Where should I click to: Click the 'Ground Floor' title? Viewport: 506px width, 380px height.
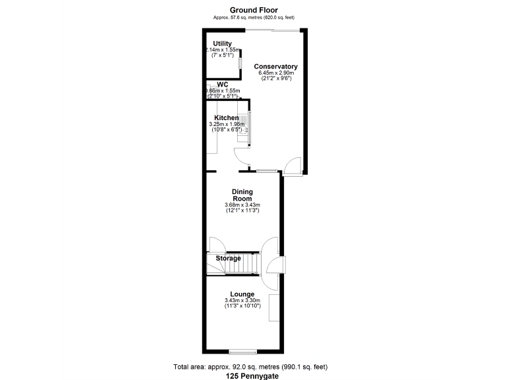pos(254,10)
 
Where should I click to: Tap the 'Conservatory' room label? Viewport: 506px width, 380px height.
pos(276,67)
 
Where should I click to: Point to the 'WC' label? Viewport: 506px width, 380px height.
pos(222,84)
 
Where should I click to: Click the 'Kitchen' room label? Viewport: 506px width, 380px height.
pos(226,118)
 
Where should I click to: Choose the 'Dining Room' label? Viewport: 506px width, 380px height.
pos(242,195)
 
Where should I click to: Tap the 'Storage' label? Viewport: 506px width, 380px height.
pos(228,259)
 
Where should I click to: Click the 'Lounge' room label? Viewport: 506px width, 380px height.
pos(242,294)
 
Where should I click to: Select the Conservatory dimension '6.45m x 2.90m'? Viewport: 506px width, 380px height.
pos(276,73)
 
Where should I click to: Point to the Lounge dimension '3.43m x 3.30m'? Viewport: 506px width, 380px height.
pos(242,301)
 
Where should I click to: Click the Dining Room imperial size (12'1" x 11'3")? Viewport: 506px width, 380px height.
pos(242,210)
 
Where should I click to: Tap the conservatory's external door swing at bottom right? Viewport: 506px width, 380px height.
pos(293,166)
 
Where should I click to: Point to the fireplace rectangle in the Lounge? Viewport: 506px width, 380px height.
pos(273,308)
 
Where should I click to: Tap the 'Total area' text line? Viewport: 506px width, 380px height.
pos(250,366)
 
